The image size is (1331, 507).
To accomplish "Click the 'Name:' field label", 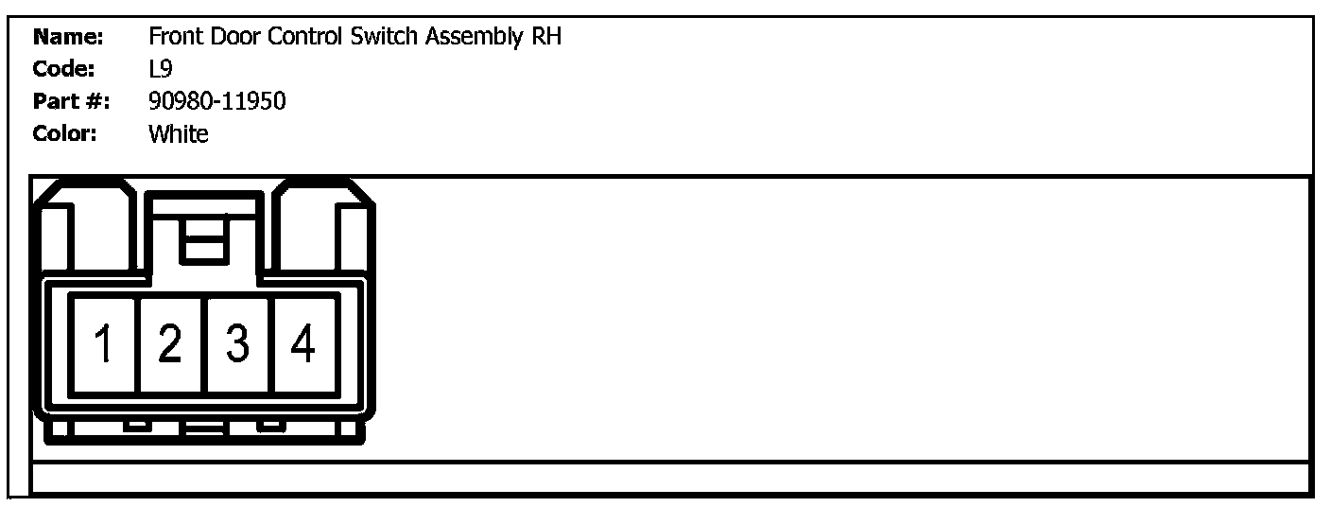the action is click(68, 38).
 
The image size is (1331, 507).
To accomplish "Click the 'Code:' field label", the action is click(64, 69).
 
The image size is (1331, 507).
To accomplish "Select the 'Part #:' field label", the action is click(71, 101).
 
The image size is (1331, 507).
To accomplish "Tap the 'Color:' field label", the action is click(65, 134).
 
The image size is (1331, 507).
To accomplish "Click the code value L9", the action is click(160, 69).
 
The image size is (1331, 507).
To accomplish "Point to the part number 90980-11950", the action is click(216, 101).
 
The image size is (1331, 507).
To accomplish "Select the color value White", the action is click(178, 134).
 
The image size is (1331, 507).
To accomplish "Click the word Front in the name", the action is click(172, 38).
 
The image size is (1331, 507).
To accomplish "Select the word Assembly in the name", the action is click(471, 38).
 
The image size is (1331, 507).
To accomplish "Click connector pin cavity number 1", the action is click(104, 343).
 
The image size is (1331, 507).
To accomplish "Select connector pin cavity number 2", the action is click(171, 343).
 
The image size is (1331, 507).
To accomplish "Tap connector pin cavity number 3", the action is click(238, 343).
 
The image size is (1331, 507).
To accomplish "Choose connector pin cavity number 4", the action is click(304, 343).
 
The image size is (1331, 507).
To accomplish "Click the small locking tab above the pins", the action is click(203, 238).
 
